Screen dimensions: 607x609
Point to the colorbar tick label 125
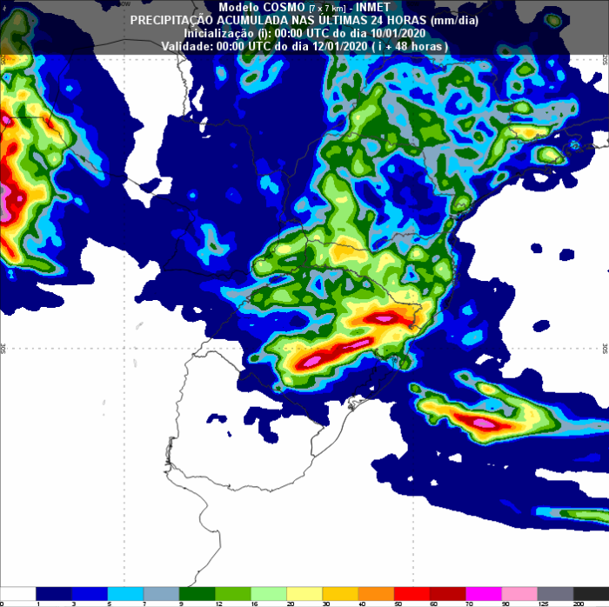[x=543, y=602]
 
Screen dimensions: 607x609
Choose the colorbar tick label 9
[x=180, y=602]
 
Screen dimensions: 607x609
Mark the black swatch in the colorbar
[x=596, y=592]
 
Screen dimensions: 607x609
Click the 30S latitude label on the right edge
[x=605, y=348]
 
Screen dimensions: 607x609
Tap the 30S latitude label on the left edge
[x=3, y=348]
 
